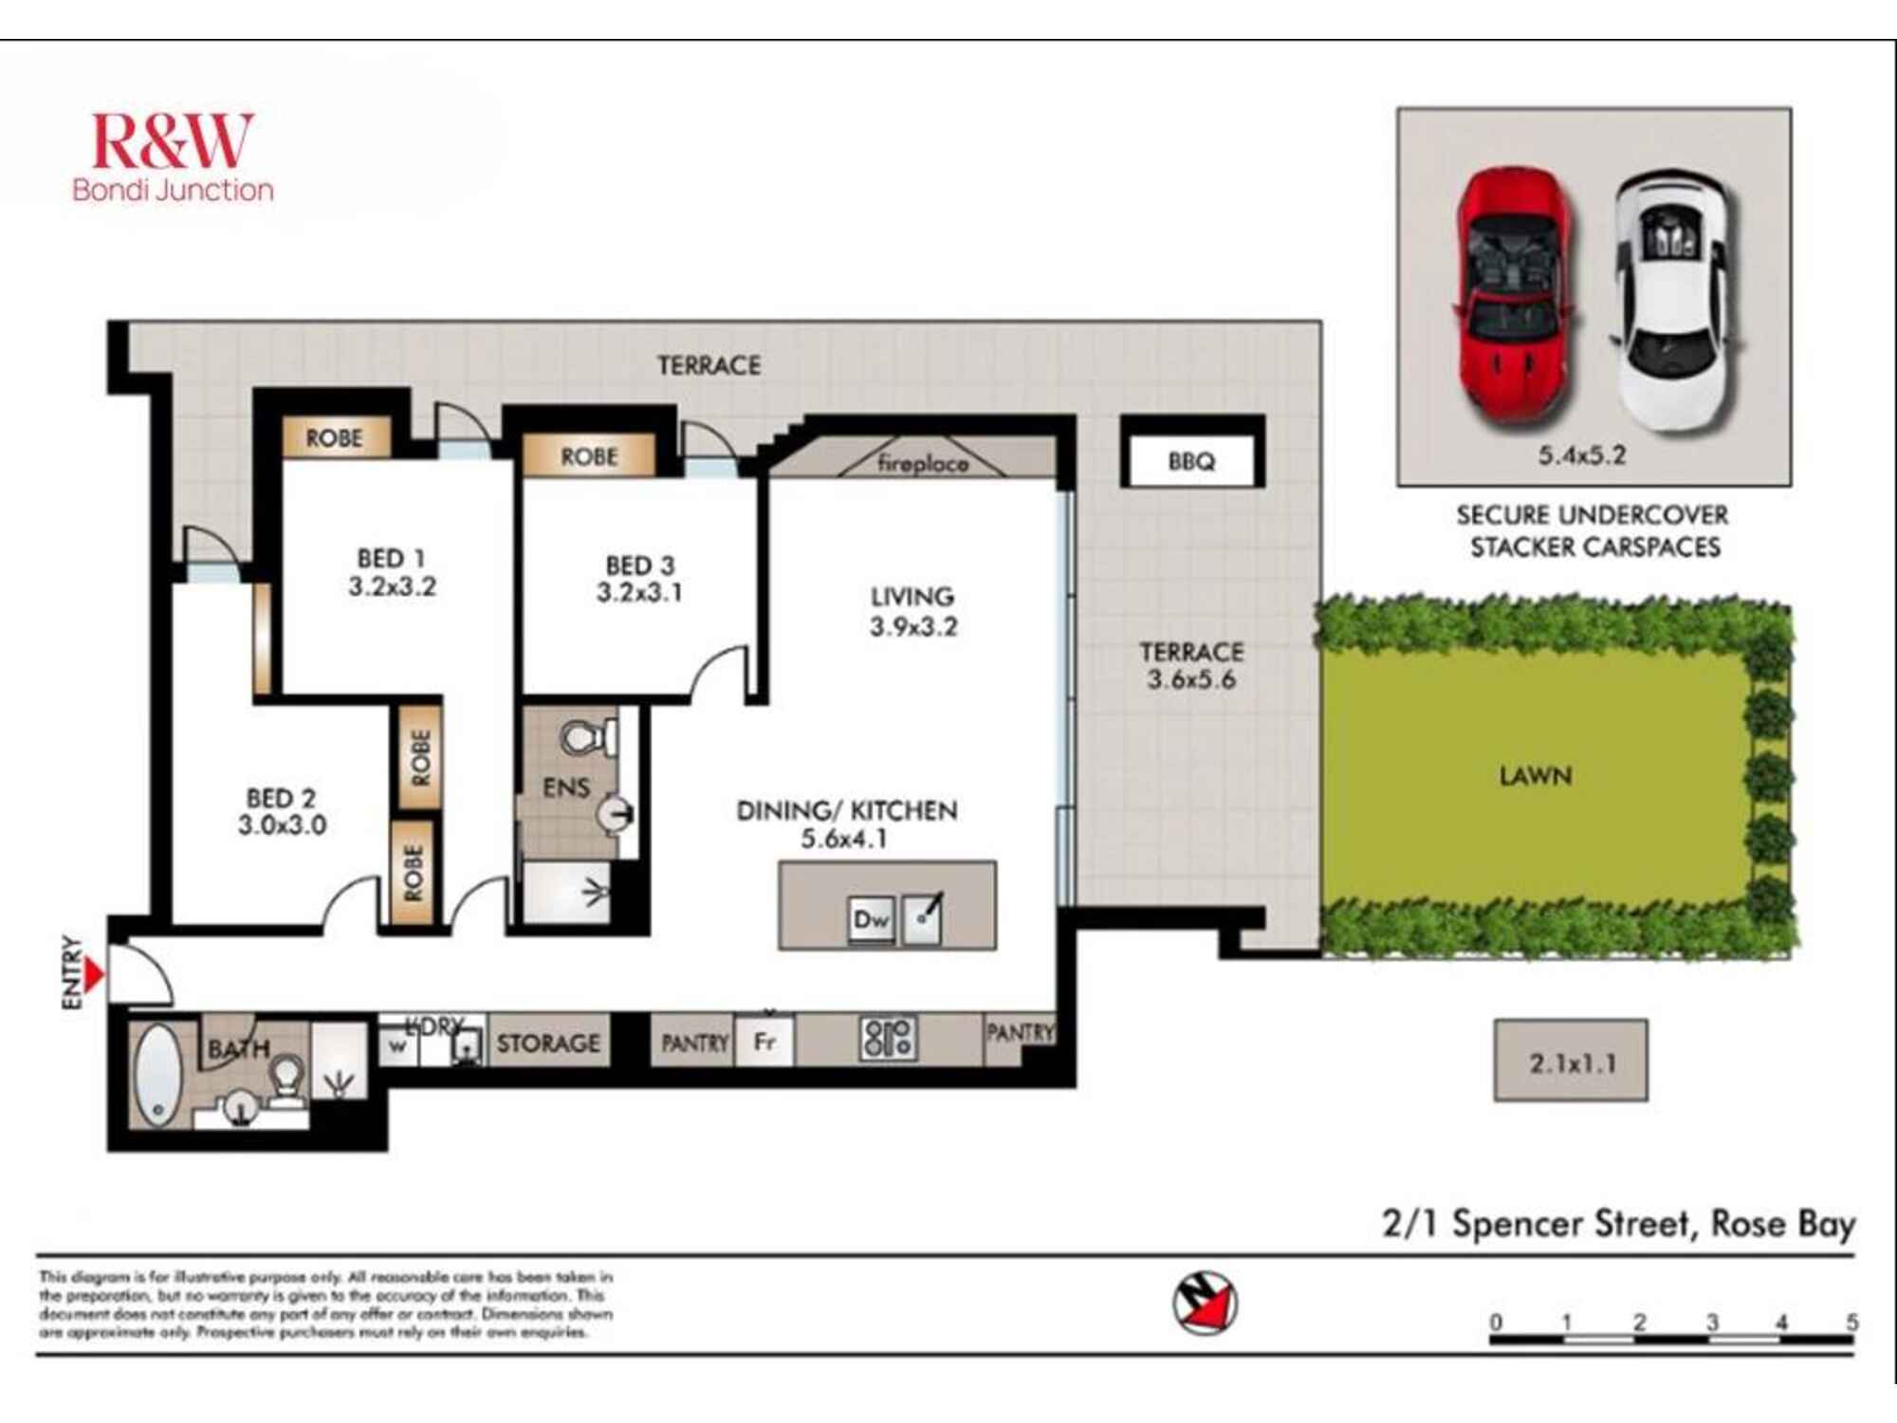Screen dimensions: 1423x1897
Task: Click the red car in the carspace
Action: (x=1515, y=296)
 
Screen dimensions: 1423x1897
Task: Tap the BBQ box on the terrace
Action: (x=1191, y=461)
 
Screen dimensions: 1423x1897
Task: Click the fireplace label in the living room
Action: (x=922, y=464)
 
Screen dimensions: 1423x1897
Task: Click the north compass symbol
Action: (x=1205, y=1303)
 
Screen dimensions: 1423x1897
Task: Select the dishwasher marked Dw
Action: (x=871, y=918)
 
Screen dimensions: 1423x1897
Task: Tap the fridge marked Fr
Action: (x=764, y=1042)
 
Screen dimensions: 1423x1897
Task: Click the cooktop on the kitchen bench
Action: (x=888, y=1038)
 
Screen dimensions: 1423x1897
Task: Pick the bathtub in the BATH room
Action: (x=157, y=1076)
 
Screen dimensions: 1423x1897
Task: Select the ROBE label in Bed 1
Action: (x=334, y=438)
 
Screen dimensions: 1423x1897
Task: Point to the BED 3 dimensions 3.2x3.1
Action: (x=639, y=593)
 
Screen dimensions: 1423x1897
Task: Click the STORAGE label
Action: (x=548, y=1044)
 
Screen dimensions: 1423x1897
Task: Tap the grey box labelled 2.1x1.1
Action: (x=1571, y=1062)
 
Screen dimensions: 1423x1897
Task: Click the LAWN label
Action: (x=1535, y=776)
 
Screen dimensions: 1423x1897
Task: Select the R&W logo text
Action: (x=172, y=142)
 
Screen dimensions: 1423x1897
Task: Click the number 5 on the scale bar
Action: (x=1851, y=1321)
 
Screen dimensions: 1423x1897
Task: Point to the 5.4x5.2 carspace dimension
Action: (x=1581, y=455)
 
